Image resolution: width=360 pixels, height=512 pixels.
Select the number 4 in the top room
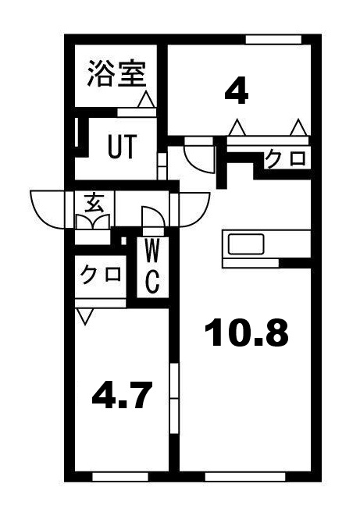point(236,93)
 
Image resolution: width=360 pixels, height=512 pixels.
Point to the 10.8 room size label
point(246,333)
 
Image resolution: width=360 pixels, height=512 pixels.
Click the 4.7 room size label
point(121,396)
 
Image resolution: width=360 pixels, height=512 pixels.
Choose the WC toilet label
point(152,265)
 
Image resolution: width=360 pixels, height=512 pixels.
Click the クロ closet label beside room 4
point(285,159)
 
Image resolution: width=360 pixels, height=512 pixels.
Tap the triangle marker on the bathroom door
point(145,100)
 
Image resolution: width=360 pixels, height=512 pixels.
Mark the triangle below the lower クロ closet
point(85,316)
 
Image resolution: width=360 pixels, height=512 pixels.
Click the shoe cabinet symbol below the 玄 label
point(94,222)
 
